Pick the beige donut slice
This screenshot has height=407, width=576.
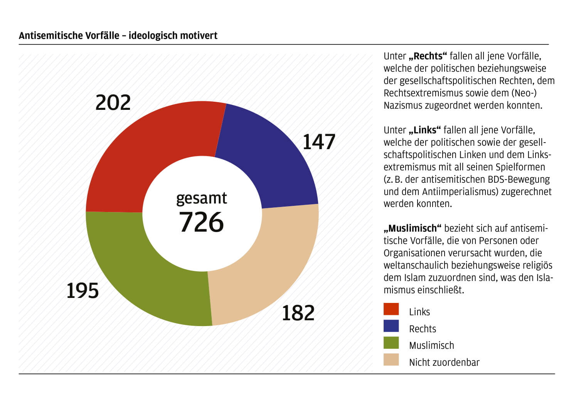point(266,270)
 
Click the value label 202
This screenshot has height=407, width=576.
point(113,103)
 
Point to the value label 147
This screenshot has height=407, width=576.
point(319,142)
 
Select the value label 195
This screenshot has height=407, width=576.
point(83,291)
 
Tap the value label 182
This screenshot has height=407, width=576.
point(298,313)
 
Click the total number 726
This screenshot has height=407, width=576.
point(201,222)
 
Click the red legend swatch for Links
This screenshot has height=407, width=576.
point(391,309)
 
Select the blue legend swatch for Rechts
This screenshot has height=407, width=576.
point(391,326)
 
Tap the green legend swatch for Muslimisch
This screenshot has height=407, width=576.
point(391,343)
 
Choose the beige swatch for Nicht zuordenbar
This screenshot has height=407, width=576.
point(391,360)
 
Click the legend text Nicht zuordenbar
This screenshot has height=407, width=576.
point(444,362)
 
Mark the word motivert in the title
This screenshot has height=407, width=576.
point(199,35)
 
